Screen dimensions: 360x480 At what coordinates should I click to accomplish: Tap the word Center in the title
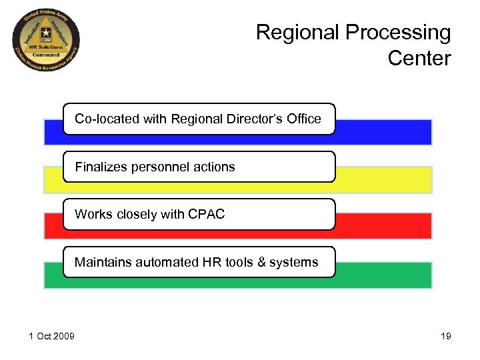coord(419,58)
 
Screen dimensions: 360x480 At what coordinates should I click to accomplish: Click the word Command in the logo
coord(47,55)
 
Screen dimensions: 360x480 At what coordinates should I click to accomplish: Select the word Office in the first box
coord(303,119)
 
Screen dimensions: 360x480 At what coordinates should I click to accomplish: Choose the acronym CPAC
coord(207,214)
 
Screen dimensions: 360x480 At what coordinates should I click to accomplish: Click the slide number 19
coord(445,335)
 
